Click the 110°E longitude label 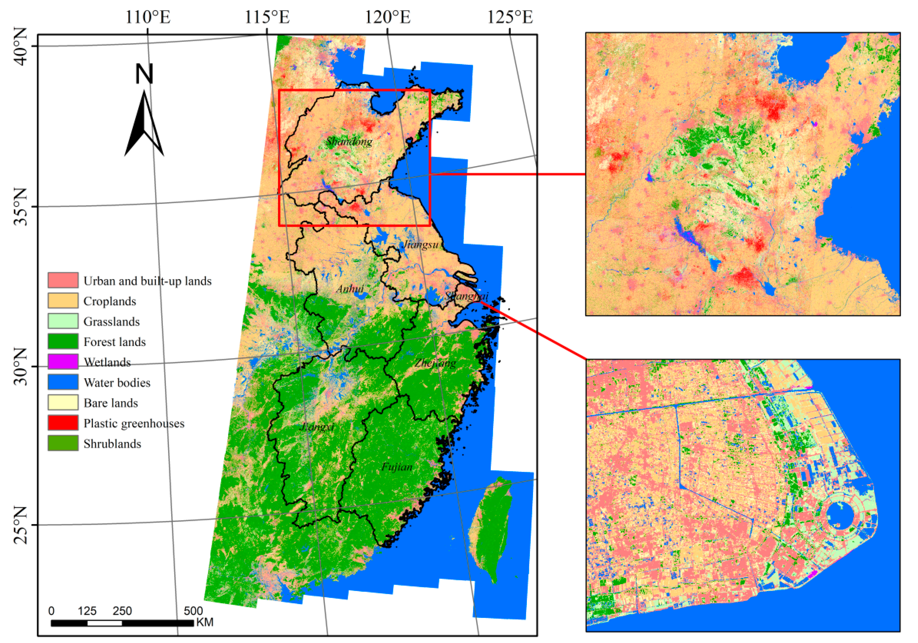pos(148,17)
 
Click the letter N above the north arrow pos(144,74)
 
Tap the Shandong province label pos(349,142)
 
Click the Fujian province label pos(397,467)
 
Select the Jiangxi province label pos(317,427)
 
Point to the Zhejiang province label pos(435,363)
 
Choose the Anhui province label pos(350,288)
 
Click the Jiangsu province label pos(421,244)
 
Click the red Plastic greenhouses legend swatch pos(63,423)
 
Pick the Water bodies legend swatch pos(63,382)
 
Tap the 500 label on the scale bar pos(193,611)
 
